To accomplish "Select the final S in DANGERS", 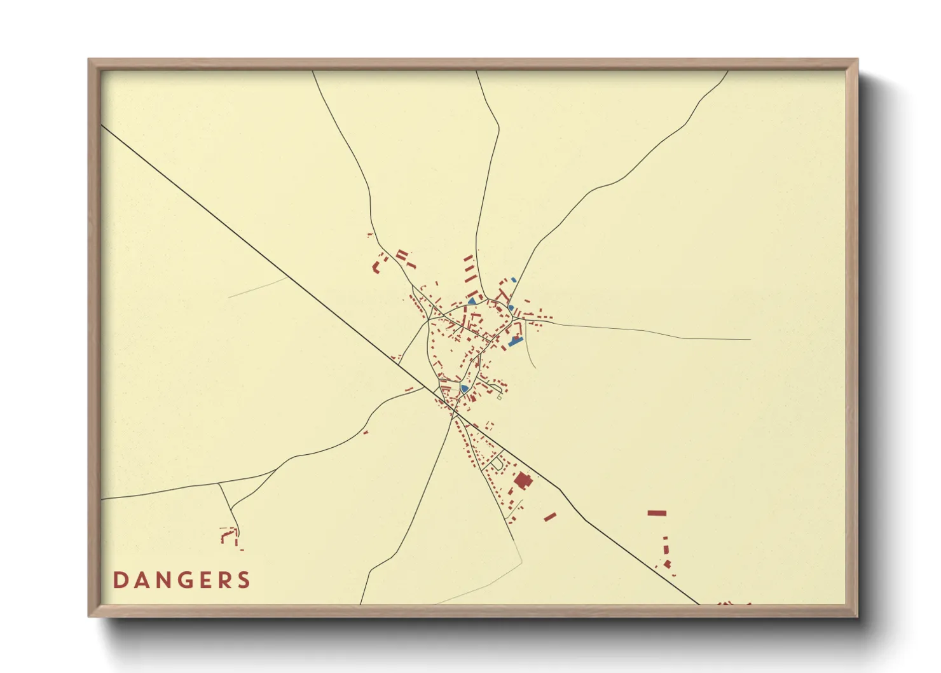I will pos(244,580).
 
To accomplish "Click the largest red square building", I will pos(523,480).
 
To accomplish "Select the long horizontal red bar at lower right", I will pos(657,513).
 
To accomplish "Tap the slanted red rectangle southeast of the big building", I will pos(550,517).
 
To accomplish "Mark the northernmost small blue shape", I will pos(514,279).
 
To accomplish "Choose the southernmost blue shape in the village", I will pos(465,388).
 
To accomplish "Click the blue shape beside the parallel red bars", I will pos(472,300).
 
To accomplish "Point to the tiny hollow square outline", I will pos(500,397).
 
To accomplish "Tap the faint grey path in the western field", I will pos(258,287).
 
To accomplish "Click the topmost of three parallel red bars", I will pos(468,258).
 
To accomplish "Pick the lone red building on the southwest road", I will pos(366,433).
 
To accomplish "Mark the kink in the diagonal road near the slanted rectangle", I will pos(560,490).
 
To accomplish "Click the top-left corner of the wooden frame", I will pos(90,60).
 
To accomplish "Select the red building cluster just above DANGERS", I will pos(229,536).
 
